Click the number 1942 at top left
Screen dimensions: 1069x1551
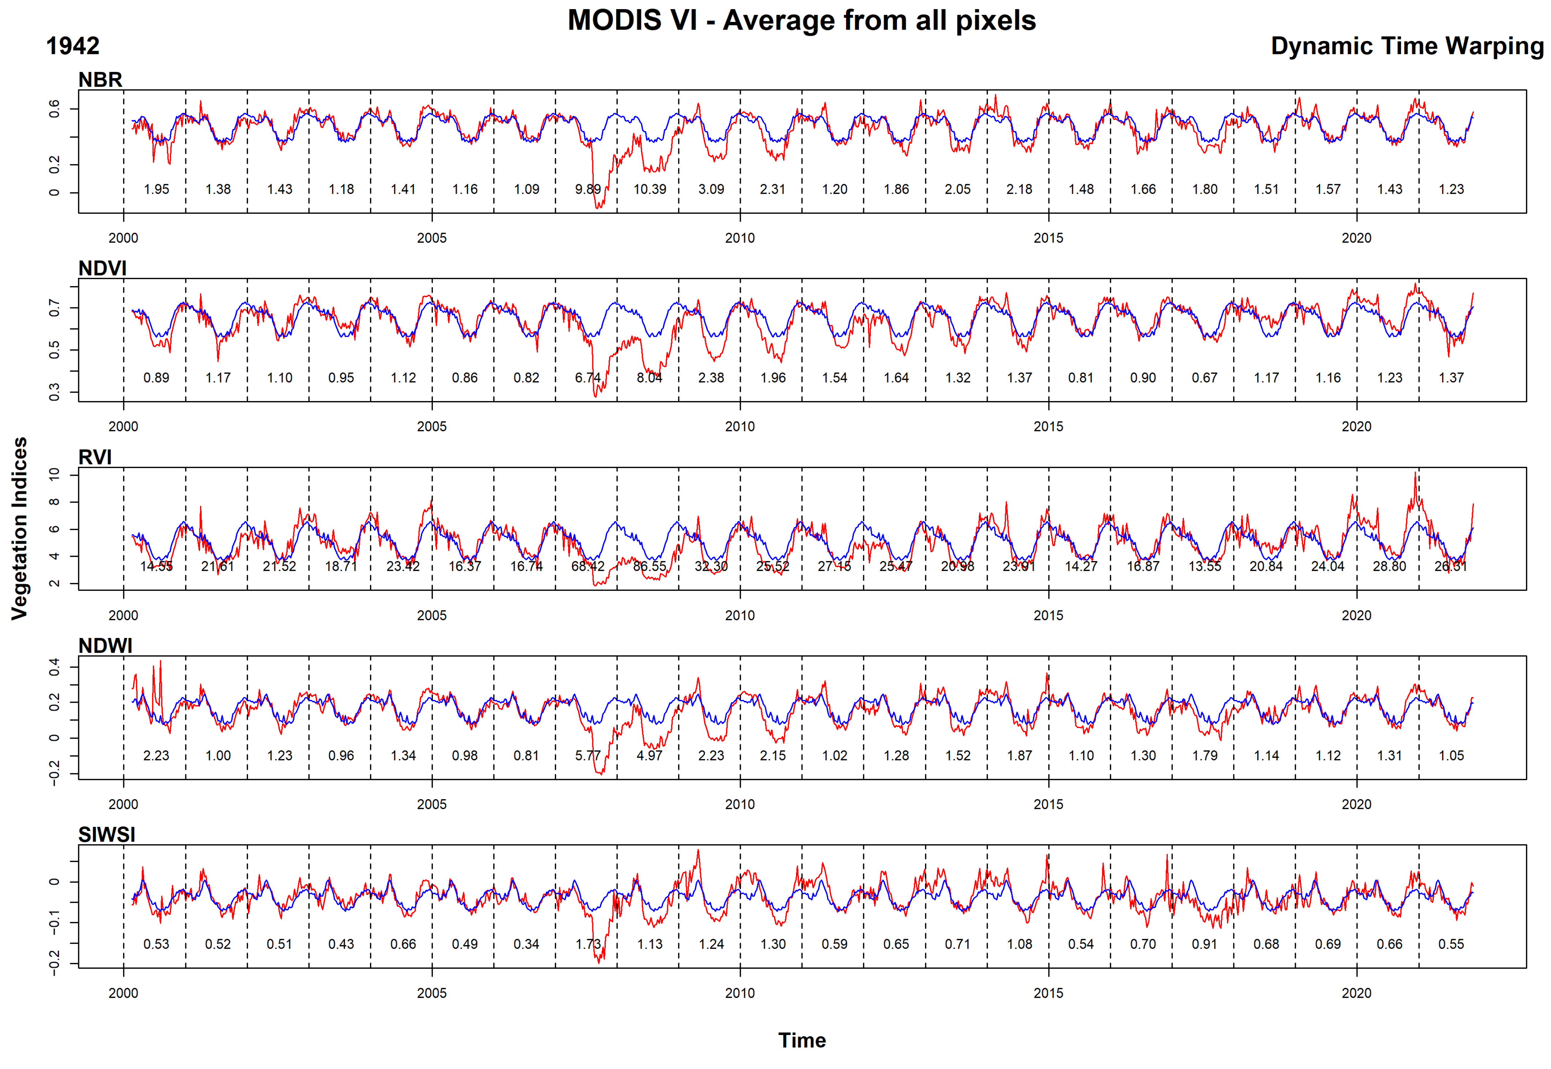(72, 46)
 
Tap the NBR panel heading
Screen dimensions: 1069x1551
(101, 80)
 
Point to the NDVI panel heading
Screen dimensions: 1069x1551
(102, 268)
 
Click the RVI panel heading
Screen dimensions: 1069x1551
(95, 457)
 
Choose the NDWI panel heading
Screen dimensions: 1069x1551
(105, 646)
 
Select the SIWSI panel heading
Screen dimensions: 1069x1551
(106, 835)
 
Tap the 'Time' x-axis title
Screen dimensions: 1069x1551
(801, 1040)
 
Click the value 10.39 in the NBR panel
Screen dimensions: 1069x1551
(650, 189)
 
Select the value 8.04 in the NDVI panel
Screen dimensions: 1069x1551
(649, 378)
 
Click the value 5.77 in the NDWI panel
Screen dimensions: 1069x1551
(587, 756)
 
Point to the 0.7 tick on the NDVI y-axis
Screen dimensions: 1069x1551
(54, 308)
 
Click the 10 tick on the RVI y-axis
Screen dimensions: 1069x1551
(54, 473)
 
